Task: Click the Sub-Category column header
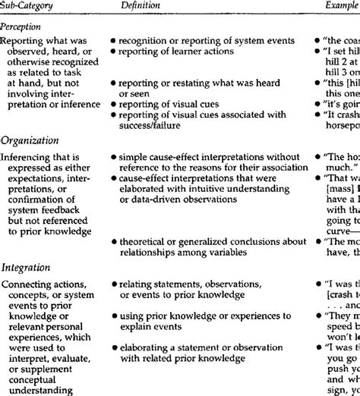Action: (x=28, y=5)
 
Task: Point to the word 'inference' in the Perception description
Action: (x=79, y=124)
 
